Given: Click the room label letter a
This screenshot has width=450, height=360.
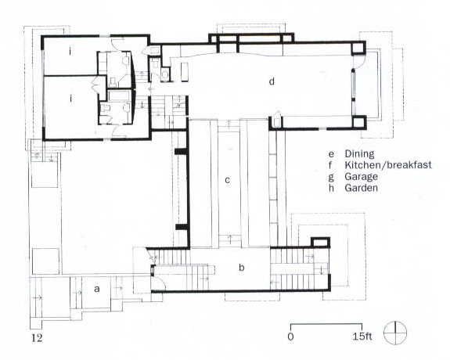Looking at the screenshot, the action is (97, 289).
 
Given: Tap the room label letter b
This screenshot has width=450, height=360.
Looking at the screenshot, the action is (242, 268).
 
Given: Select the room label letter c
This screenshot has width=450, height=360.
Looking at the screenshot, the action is (227, 180).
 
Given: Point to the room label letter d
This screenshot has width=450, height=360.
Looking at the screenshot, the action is (272, 81).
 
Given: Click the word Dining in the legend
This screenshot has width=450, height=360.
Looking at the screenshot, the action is (359, 154).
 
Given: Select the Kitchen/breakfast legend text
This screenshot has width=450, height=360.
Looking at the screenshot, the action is (388, 165).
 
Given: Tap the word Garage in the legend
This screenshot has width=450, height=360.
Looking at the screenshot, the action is (361, 177).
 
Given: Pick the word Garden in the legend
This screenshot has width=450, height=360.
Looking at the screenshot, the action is (361, 188).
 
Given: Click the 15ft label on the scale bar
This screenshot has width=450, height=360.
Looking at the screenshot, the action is (362, 337).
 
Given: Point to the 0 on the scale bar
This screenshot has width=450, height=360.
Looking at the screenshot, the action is (290, 337).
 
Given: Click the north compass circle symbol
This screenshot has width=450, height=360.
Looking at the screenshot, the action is (395, 333).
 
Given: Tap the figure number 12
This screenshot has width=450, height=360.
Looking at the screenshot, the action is (37, 337).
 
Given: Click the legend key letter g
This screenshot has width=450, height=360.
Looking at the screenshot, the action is (331, 177).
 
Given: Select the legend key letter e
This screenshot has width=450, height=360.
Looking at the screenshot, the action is (331, 154).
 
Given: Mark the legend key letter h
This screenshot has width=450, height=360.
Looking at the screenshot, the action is (331, 188).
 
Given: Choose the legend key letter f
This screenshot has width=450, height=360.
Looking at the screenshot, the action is (331, 165).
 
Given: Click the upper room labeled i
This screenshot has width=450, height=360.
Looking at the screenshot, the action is (70, 52).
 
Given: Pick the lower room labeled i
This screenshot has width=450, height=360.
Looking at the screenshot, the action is (70, 99).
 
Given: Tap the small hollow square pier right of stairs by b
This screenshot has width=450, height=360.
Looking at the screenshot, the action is (321, 242).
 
